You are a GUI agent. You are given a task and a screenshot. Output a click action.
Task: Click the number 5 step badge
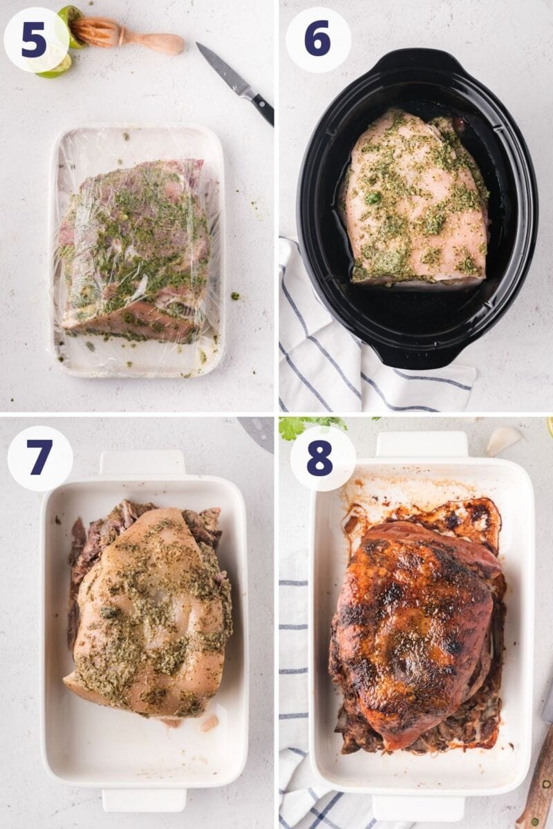point(35,40)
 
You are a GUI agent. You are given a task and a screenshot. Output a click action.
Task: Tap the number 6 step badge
point(317,39)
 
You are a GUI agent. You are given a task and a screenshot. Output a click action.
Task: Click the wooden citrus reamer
point(128,35)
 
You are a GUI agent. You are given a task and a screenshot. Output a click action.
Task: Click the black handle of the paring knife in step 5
point(262,108)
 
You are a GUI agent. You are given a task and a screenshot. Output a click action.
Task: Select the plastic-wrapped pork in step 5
point(135,249)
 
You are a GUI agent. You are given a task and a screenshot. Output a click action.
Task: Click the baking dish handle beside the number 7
point(142,462)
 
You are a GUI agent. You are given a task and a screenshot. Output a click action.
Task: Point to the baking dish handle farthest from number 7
point(144,799)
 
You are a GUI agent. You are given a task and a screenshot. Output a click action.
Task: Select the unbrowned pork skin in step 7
point(149,608)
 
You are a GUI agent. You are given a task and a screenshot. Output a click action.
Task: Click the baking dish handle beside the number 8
point(422,444)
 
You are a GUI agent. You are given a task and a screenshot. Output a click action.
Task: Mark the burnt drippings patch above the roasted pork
point(470,518)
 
